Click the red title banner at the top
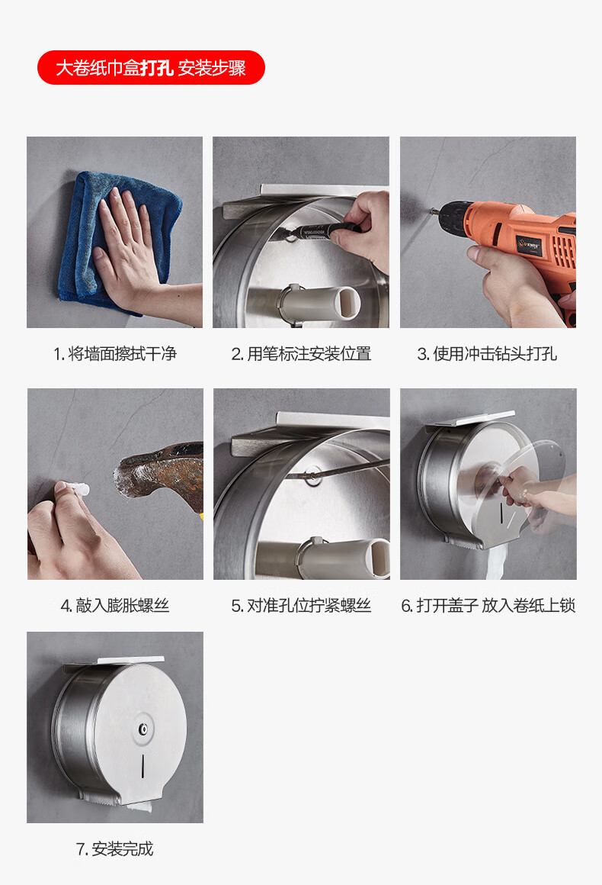pyautogui.click(x=151, y=68)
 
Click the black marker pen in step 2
pyautogui.click(x=324, y=229)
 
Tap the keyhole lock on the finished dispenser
pyautogui.click(x=144, y=729)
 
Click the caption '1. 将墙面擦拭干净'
pyautogui.click(x=115, y=354)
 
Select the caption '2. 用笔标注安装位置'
pyautogui.click(x=301, y=354)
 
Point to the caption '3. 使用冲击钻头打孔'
pyautogui.click(x=488, y=354)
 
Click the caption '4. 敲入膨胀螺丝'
pyautogui.click(x=115, y=606)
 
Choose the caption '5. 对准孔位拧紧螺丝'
pyautogui.click(x=301, y=606)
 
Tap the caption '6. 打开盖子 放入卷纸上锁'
pyautogui.click(x=488, y=606)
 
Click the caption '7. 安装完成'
pyautogui.click(x=115, y=849)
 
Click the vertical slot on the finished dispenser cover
pyautogui.click(x=142, y=766)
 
